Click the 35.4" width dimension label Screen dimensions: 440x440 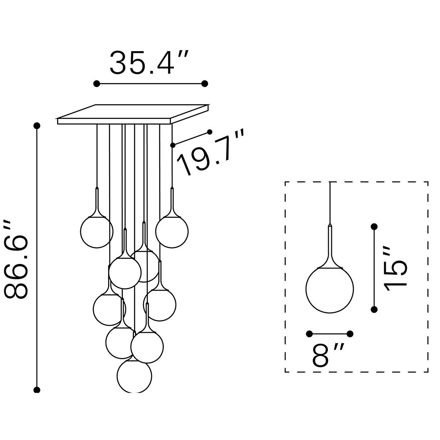149,62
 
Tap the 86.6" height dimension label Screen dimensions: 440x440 16,259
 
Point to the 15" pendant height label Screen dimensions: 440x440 396,268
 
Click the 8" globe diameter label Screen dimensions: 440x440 328,355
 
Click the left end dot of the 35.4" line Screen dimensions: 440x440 96,84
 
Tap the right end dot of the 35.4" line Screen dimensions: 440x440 205,84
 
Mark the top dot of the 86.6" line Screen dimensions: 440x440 37,125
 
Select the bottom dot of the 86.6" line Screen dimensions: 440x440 37,390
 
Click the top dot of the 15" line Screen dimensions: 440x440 374,227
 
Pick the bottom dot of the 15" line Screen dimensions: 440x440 374,309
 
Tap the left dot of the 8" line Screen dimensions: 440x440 309,334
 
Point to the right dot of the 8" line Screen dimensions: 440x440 350,334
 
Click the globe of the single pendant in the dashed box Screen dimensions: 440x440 330,290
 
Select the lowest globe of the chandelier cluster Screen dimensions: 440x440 134,375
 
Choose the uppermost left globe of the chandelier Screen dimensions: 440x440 97,231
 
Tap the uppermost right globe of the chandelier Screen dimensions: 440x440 172,231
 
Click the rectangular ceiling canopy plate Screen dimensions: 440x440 133,114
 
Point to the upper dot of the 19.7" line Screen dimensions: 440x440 209,132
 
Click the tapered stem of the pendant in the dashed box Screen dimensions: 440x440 330,246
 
